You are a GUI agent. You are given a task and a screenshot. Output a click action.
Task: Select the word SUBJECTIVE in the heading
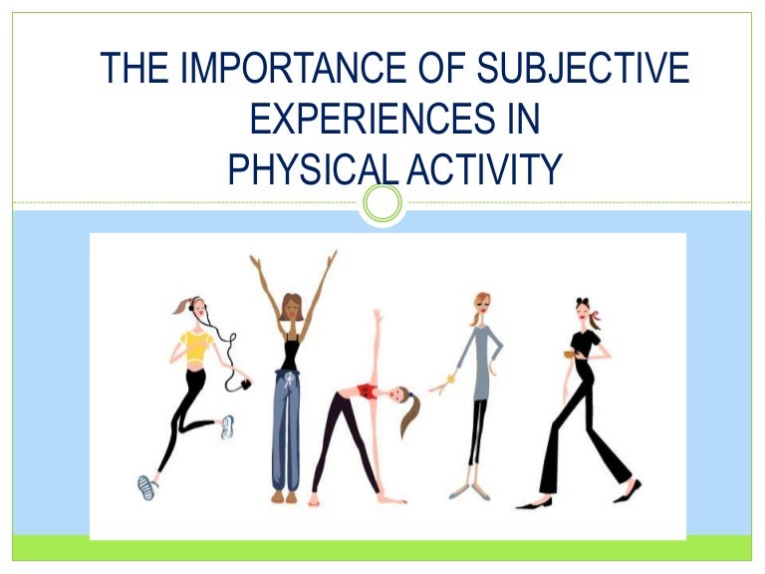(x=569, y=69)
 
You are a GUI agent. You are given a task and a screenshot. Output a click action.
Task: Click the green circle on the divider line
(x=382, y=204)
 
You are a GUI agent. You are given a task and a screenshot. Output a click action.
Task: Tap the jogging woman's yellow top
(x=197, y=347)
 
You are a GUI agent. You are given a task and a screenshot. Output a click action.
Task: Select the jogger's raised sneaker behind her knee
(x=227, y=427)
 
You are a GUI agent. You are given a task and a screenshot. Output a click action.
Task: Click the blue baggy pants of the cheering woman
(x=286, y=429)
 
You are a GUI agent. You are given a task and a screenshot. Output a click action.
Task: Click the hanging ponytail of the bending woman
(x=409, y=419)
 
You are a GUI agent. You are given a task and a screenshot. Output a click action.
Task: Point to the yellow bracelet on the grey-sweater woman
(x=449, y=380)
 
